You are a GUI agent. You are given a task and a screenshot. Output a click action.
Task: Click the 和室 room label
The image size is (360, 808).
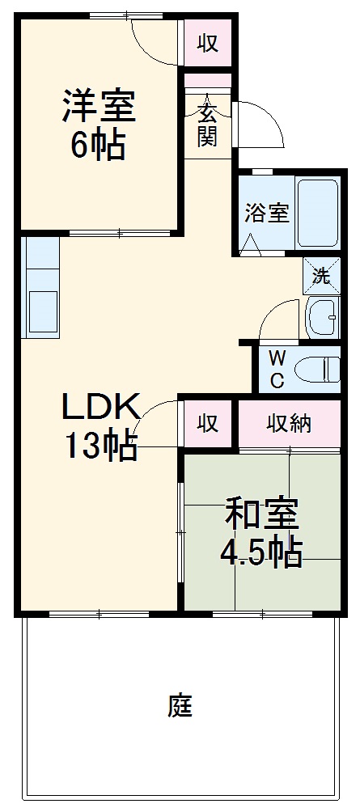(261, 514)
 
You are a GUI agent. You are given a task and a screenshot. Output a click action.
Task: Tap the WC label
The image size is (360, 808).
(277, 368)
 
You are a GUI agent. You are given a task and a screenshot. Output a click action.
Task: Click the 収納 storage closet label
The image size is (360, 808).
(290, 423)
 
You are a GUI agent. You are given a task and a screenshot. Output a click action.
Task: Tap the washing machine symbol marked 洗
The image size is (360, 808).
(322, 276)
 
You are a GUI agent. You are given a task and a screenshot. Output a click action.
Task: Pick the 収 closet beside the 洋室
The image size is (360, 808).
(208, 43)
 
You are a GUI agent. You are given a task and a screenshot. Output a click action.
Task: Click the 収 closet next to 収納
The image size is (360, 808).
(208, 423)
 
